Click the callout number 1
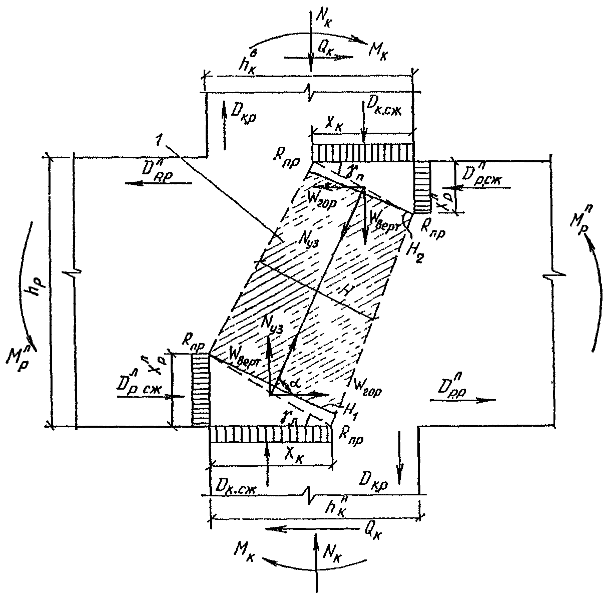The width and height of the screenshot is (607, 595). (159, 142)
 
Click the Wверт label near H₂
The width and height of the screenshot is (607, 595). (382, 219)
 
